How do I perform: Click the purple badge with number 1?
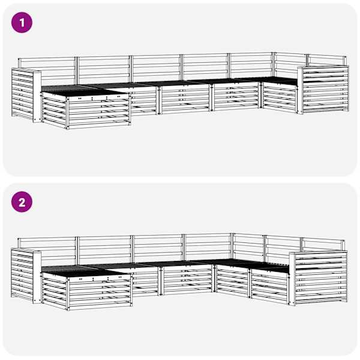pyautogui.click(x=22, y=23)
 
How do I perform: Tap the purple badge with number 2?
pyautogui.click(x=22, y=202)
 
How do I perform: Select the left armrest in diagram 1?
pyautogui.click(x=26, y=95)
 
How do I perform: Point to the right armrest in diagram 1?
pyautogui.click(x=323, y=89)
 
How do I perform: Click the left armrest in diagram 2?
pyautogui.click(x=26, y=276)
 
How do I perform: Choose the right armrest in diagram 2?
pyautogui.click(x=319, y=278)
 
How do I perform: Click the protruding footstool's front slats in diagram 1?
pyautogui.click(x=99, y=111)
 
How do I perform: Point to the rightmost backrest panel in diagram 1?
pyautogui.click(x=327, y=60)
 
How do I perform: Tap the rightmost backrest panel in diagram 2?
pyautogui.click(x=323, y=245)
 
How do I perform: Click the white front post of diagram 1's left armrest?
pyautogui.click(x=37, y=97)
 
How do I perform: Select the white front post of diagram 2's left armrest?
pyautogui.click(x=37, y=277)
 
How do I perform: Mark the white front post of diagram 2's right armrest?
pyautogui.click(x=292, y=279)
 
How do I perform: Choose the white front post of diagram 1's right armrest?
pyautogui.click(x=301, y=90)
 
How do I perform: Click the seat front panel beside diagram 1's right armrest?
pyautogui.click(x=280, y=98)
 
